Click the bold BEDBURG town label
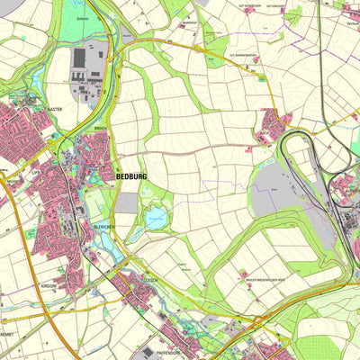tap(130, 177)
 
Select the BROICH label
tap(99, 130)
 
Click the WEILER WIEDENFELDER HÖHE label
tap(270, 281)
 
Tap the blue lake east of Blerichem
tap(156, 217)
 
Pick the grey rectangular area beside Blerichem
tap(127, 204)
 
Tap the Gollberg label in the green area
tap(83, 18)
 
